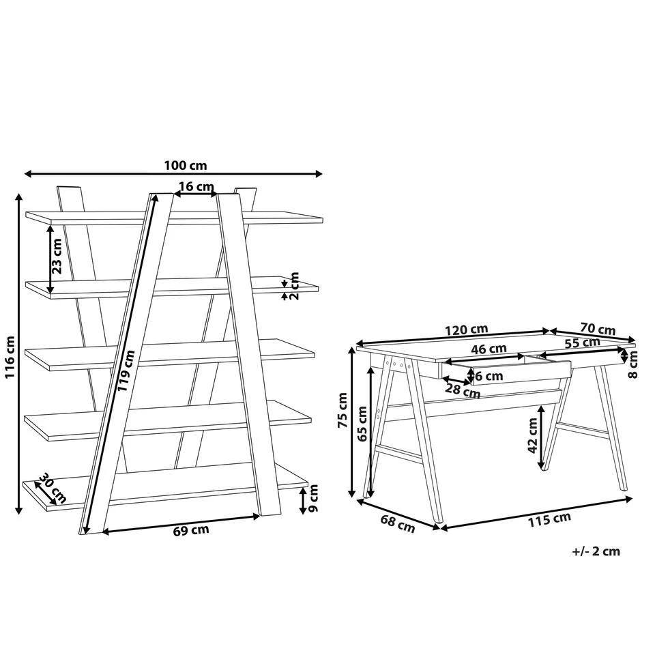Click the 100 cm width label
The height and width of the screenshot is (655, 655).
[185, 166]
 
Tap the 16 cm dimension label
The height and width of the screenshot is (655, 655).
[196, 187]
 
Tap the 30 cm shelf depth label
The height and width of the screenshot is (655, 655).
[52, 487]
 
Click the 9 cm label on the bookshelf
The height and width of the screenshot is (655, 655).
[314, 499]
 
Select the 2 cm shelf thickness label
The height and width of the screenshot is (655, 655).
[295, 286]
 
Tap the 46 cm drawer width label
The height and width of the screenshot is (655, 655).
[489, 349]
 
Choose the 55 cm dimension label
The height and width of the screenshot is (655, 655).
[582, 343]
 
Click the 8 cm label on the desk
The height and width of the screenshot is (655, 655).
[634, 364]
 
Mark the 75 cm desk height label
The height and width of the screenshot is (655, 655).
[343, 409]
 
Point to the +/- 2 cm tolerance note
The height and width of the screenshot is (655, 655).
[596, 551]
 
